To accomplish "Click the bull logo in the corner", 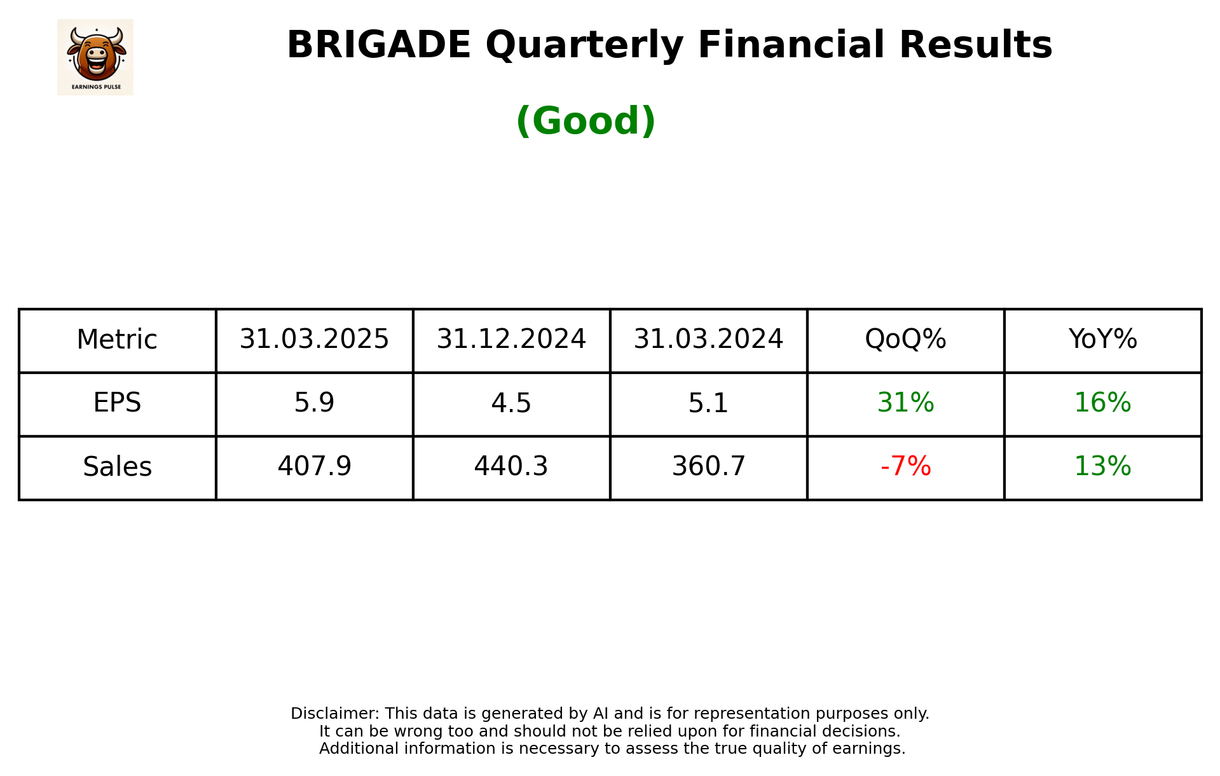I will pos(95,57).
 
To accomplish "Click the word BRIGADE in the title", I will pos(378,45).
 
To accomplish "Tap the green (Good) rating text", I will pos(586,121).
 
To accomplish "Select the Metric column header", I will pos(117,340).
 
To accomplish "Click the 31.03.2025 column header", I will pos(314,340).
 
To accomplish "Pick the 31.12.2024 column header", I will pos(511,340).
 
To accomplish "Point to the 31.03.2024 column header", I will pos(708,340).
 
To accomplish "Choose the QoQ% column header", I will pos(905,340).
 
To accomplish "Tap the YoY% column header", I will pos(1102,340).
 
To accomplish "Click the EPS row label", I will pos(117,403).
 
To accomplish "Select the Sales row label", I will pos(117,467).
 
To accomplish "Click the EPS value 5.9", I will pos(314,403).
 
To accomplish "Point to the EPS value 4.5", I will pos(511,403).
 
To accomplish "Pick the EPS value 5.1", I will pos(708,403).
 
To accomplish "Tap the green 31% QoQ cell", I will pos(905,403).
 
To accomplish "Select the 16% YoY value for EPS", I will pos(1102,403).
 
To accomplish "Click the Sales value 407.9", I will pos(314,467).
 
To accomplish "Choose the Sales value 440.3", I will pos(511,467).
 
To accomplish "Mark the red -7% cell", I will pos(905,467).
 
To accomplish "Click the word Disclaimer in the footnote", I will pos(334,714).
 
